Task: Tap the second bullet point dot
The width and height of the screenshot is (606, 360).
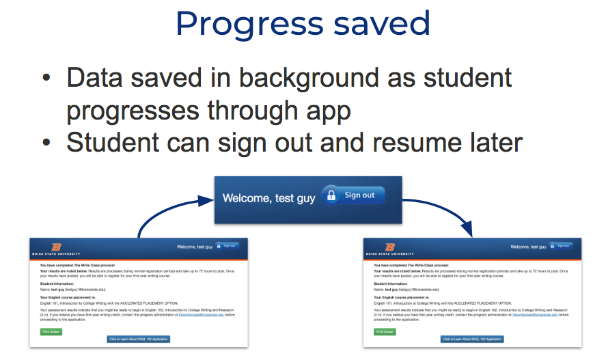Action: click(x=46, y=143)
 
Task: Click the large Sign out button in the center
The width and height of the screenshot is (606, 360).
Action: click(x=353, y=195)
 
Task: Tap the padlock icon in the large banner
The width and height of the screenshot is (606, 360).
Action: click(x=332, y=195)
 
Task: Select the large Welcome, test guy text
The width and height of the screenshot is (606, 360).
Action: click(x=268, y=197)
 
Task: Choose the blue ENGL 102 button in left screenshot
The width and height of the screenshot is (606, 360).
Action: click(x=139, y=339)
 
